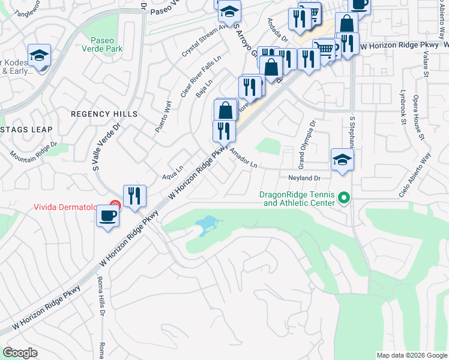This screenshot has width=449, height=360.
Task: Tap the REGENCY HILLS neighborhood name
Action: pos(104,114)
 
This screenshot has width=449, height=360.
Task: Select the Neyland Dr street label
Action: pos(306,178)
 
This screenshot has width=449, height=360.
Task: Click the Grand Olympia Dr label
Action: pos(306,144)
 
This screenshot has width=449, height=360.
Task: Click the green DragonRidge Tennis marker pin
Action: pos(344,197)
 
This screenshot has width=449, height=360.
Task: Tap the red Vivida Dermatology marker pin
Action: pos(115,206)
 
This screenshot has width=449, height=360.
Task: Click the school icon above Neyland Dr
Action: pos(342,160)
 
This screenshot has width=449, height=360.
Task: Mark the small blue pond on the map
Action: pos(205,225)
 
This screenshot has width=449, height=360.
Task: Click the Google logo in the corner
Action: pos(20,353)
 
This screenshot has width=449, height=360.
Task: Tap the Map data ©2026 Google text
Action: pos(411,355)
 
